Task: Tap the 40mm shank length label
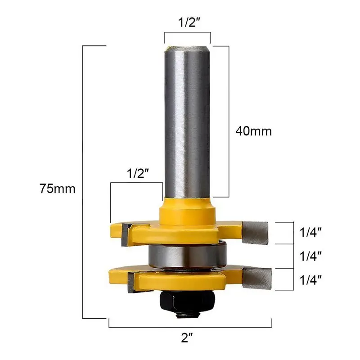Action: pos(254,131)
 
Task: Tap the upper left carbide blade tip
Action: pos(125,232)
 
